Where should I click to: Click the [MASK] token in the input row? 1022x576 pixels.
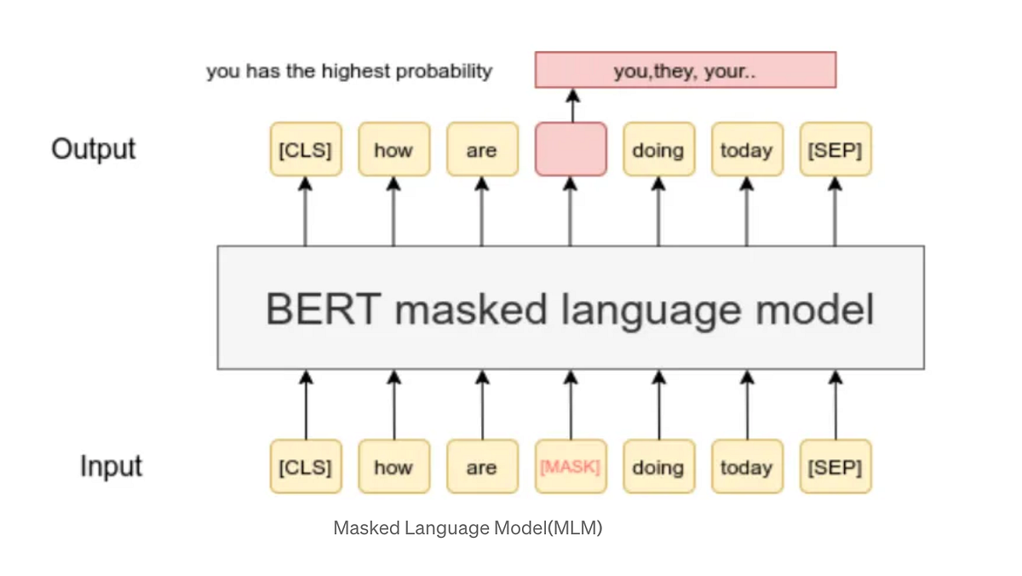point(571,467)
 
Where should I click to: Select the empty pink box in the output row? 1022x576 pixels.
point(571,150)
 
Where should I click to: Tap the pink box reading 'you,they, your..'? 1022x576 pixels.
point(686,71)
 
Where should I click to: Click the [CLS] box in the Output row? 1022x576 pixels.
point(305,150)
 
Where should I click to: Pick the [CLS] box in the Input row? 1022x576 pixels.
point(305,467)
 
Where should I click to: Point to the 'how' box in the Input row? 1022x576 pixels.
point(393,467)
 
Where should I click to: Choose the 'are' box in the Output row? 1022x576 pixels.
point(482,150)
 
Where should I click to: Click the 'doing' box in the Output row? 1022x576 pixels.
point(658,150)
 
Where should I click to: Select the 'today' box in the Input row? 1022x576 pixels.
point(747,467)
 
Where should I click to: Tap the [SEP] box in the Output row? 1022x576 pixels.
point(835,150)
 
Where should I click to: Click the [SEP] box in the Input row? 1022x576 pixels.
point(835,467)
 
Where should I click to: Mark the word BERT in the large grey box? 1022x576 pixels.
point(322,309)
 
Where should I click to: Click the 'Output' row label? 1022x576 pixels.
point(94,149)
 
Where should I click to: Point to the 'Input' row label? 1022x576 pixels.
point(111,467)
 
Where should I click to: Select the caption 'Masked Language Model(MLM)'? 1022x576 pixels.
point(468,528)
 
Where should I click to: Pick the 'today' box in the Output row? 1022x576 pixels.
point(747,150)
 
